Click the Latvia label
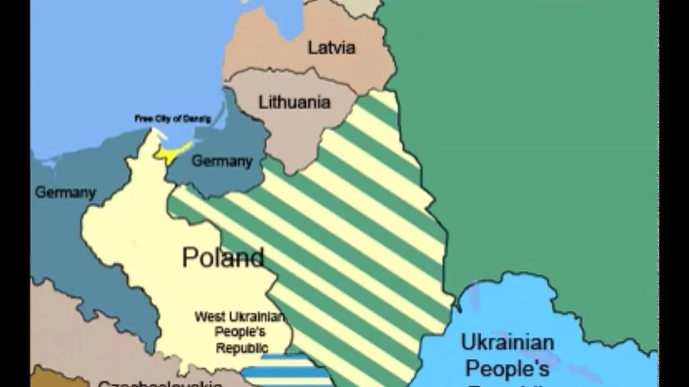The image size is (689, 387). pyautogui.click(x=332, y=48)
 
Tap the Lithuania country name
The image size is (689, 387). pyautogui.click(x=294, y=102)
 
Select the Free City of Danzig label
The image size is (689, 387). pyautogui.click(x=173, y=119)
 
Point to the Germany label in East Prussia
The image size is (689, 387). pyautogui.click(x=222, y=161)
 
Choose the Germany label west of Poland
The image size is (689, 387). pyautogui.click(x=65, y=192)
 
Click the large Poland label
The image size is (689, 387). pyautogui.click(x=223, y=257)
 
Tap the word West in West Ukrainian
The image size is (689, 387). pyautogui.click(x=209, y=317)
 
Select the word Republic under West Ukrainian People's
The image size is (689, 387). pyautogui.click(x=242, y=348)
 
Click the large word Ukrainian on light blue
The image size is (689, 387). pyautogui.click(x=507, y=342)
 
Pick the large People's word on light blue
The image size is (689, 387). pyautogui.click(x=507, y=369)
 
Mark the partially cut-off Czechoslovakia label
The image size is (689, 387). pyautogui.click(x=160, y=383)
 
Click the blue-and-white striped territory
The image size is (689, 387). pyautogui.click(x=285, y=371)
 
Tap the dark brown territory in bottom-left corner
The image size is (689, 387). pyautogui.click(x=54, y=378)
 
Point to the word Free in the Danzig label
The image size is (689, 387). pyautogui.click(x=143, y=118)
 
